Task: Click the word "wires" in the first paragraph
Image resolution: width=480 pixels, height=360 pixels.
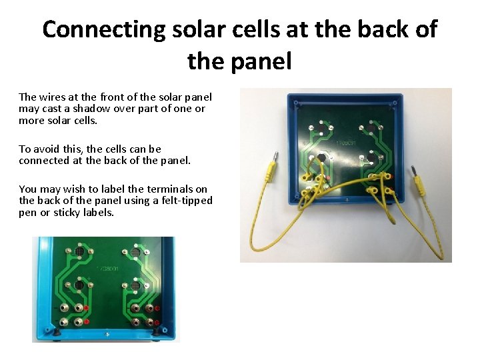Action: coord(53,97)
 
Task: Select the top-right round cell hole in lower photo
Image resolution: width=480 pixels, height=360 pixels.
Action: coord(135,254)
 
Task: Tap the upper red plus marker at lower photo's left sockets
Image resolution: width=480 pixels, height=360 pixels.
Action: coord(87,307)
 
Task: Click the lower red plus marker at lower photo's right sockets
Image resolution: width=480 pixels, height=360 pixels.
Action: coord(157,322)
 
